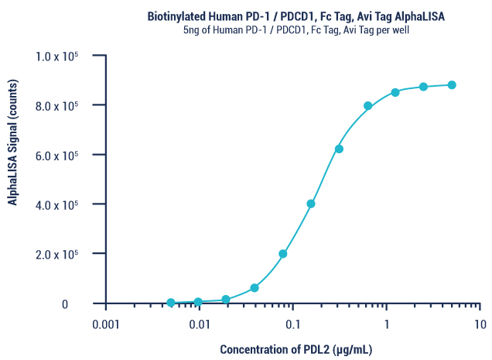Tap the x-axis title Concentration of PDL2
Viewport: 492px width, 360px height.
click(x=296, y=350)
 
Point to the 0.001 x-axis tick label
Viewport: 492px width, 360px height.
click(x=106, y=324)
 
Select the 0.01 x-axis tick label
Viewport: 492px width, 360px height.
click(x=200, y=324)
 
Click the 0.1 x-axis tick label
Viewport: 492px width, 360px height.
click(x=293, y=324)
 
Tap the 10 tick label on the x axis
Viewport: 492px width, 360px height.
click(x=480, y=324)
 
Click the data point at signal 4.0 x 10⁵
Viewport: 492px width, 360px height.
click(x=311, y=204)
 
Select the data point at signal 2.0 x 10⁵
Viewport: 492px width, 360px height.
click(x=283, y=254)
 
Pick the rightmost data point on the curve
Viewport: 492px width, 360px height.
click(x=452, y=85)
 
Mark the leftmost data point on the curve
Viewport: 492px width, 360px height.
click(x=171, y=303)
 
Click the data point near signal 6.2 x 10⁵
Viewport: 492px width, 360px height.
click(x=339, y=149)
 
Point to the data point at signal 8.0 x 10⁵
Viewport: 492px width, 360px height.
click(x=367, y=106)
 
